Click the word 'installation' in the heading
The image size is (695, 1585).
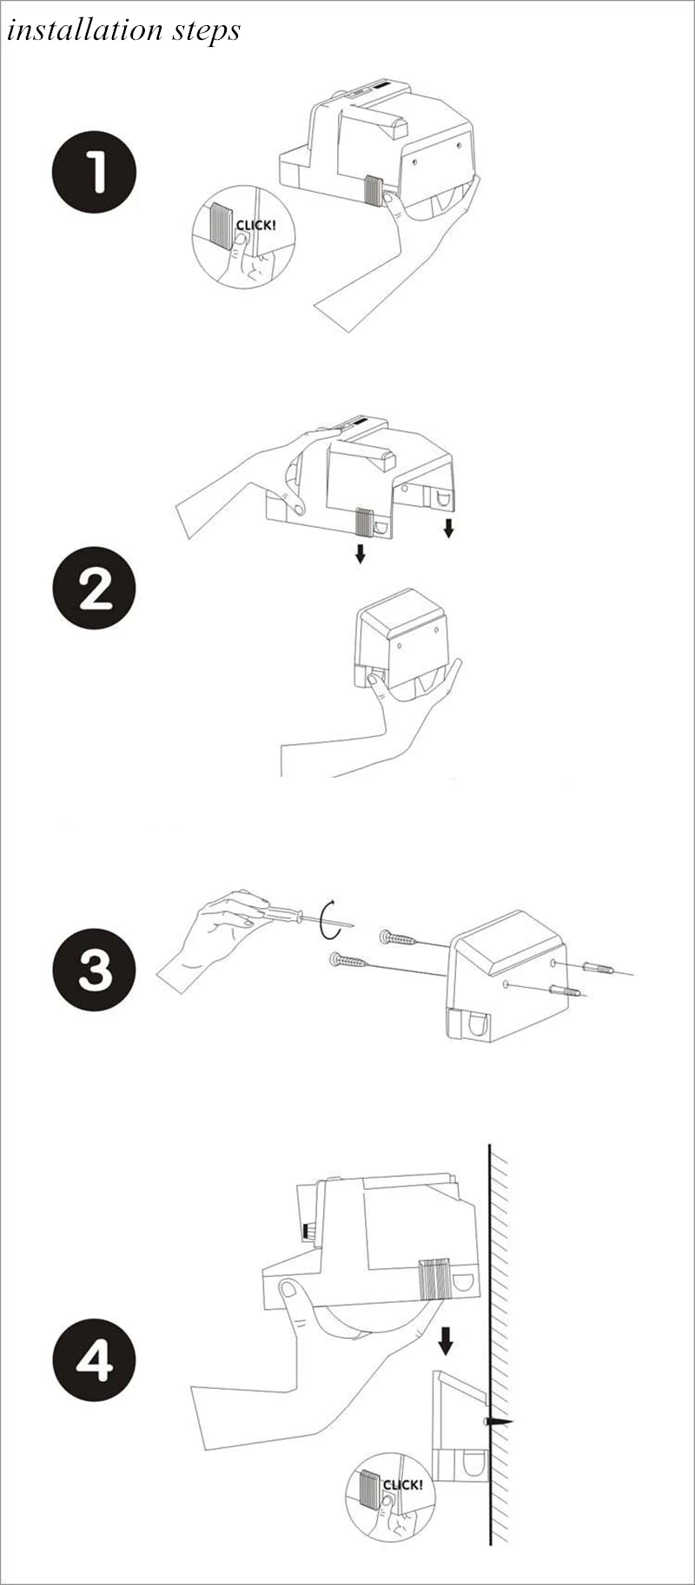tap(71, 30)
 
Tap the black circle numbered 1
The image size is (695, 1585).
tap(95, 172)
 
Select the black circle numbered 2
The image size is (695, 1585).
tap(95, 588)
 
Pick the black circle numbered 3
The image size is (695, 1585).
tap(95, 970)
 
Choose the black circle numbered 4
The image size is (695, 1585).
tap(95, 1358)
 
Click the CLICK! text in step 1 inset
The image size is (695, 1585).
tap(255, 226)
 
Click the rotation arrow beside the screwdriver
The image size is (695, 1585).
tap(328, 919)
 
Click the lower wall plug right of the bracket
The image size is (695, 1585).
tap(565, 990)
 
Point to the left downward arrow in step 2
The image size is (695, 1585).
tap(360, 553)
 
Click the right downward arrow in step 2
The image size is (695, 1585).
tap(448, 527)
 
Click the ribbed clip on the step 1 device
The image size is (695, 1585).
tap(374, 191)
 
